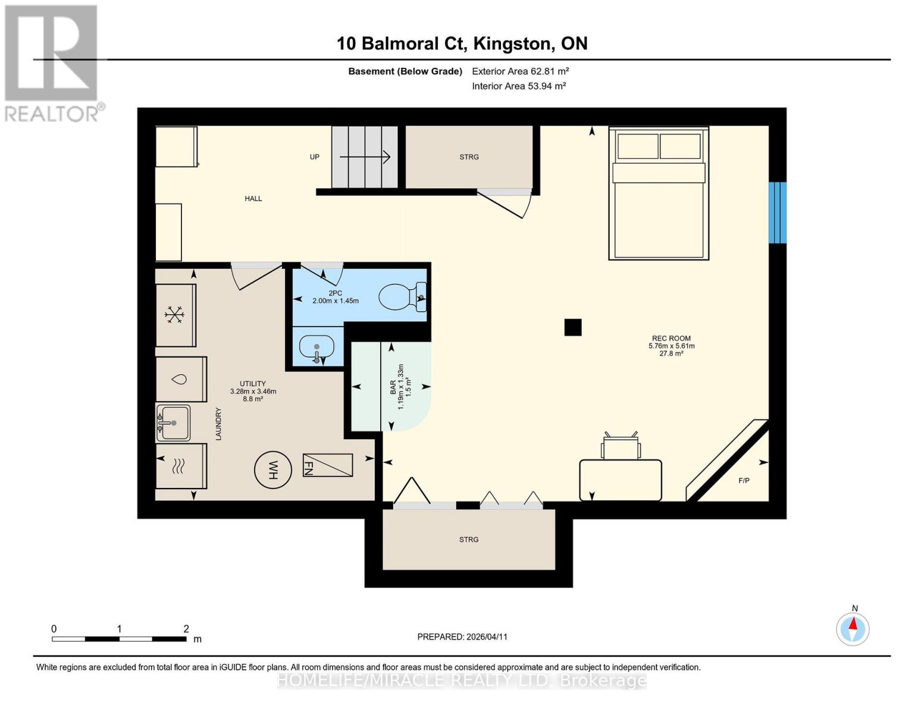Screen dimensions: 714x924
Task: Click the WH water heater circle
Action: tap(273, 470)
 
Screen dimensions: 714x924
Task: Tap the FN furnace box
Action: tap(328, 465)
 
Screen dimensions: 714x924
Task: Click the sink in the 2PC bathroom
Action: tap(316, 347)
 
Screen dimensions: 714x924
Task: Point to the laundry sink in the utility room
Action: tap(174, 423)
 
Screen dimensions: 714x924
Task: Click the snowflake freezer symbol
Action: tap(174, 315)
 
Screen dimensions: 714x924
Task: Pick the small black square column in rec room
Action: tap(572, 327)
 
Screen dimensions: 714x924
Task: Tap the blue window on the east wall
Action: tap(777, 212)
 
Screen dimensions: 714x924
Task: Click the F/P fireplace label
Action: tap(744, 481)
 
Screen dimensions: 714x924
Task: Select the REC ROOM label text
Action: tap(671, 338)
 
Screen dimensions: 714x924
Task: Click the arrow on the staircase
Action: tap(364, 157)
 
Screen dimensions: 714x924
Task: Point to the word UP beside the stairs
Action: tap(314, 157)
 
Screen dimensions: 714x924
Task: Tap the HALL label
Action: tap(253, 199)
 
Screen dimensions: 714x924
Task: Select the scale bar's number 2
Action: tap(186, 629)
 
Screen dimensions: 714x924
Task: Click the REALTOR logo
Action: tap(52, 62)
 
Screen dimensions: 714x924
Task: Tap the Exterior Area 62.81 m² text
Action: tap(520, 71)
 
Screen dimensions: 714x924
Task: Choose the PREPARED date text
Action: tap(462, 637)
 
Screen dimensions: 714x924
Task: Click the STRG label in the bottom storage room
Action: tap(468, 540)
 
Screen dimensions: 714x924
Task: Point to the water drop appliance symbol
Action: tap(181, 380)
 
